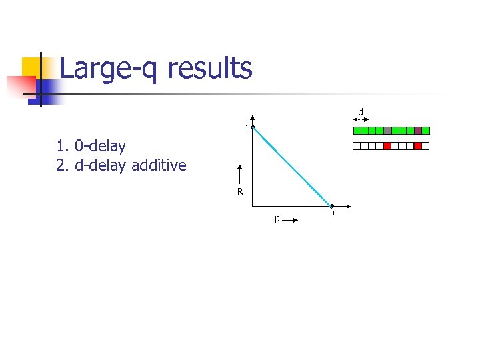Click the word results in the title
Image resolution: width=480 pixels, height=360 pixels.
(x=210, y=69)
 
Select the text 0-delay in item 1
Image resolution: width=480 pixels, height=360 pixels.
(x=100, y=145)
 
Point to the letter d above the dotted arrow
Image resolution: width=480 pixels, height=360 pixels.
(x=360, y=111)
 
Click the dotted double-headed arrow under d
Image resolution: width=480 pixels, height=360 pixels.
(x=360, y=119)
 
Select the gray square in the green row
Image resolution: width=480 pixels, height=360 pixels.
(x=387, y=131)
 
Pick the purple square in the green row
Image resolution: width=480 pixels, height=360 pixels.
(x=418, y=131)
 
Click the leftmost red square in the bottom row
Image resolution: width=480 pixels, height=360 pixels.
(x=387, y=146)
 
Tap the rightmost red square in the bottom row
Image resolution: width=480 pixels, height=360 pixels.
(x=418, y=146)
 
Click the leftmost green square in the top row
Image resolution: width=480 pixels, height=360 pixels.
(x=357, y=131)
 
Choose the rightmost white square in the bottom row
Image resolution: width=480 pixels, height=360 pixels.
(x=426, y=146)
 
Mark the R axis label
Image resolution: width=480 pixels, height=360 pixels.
(x=239, y=193)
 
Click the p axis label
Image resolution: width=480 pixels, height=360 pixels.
(x=277, y=218)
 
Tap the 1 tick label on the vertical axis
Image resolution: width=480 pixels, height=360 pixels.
(x=246, y=128)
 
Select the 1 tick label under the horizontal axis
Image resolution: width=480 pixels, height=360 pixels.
(x=333, y=213)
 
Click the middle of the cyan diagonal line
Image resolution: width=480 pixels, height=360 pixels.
(x=292, y=167)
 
